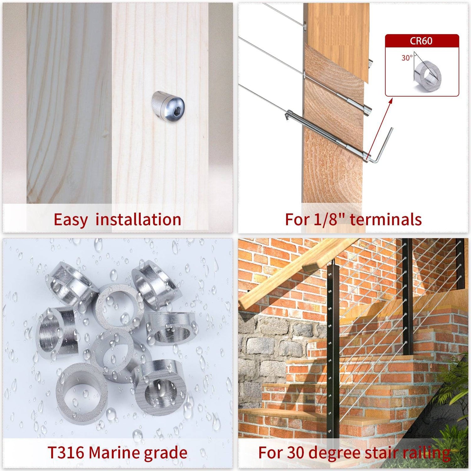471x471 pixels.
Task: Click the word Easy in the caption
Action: [71, 220]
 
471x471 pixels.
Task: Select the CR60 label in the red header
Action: [421, 41]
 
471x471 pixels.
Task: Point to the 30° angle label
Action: [407, 58]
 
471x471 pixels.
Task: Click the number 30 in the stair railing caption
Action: [296, 452]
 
